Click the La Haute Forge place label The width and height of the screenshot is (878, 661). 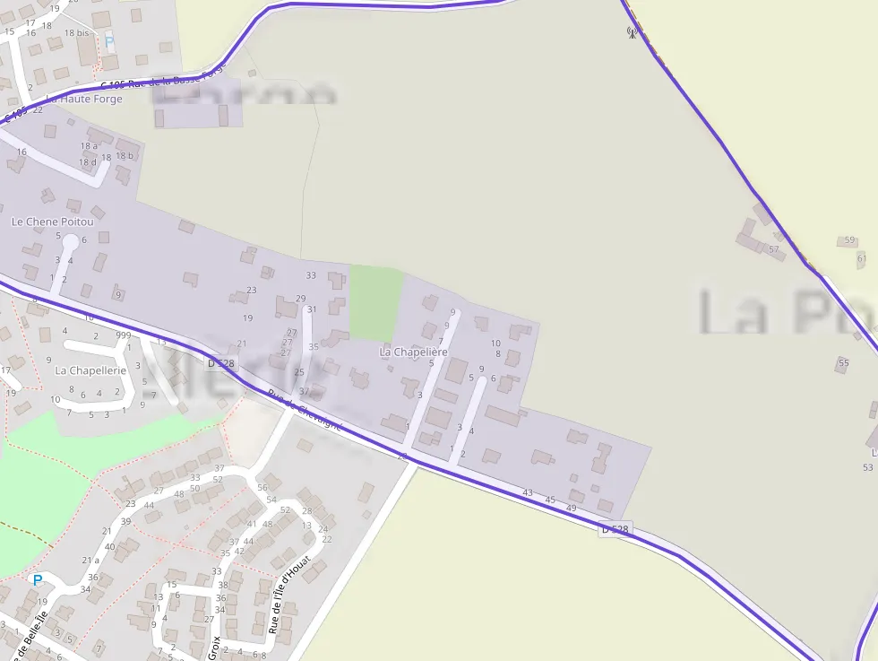point(84,100)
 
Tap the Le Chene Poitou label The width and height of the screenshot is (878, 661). point(47,222)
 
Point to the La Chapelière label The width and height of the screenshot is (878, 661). point(413,352)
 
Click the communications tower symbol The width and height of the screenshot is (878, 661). point(631,33)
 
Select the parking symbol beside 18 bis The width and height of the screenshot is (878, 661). point(109,41)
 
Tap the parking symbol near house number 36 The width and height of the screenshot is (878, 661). point(38,580)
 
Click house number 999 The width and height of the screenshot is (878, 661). point(124,335)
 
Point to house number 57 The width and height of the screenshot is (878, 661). point(773,249)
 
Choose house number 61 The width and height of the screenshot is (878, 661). point(861,258)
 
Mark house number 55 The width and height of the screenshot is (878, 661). point(843,362)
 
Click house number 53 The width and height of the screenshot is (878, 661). point(867,467)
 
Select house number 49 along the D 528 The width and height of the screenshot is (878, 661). point(571,509)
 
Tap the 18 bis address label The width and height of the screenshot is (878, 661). point(76,32)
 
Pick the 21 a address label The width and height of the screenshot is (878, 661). point(90,560)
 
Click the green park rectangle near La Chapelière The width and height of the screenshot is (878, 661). point(375,301)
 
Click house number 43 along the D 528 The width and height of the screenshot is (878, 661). point(527,492)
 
